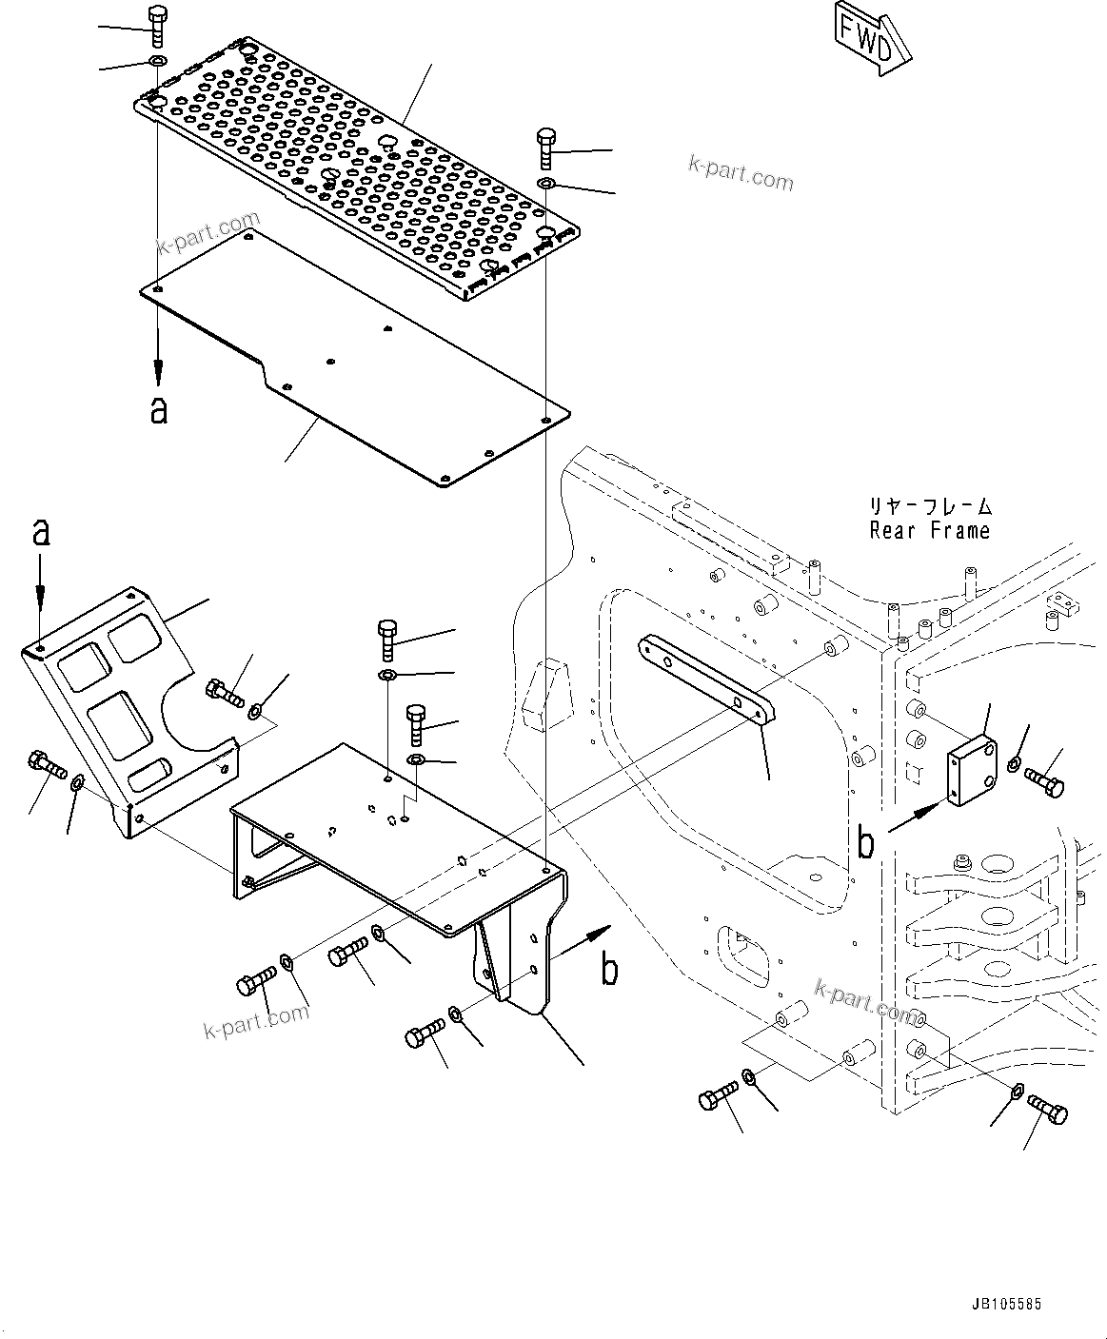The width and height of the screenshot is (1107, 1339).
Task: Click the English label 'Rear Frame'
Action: coord(929,531)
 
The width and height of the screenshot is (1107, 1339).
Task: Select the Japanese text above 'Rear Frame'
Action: coord(929,506)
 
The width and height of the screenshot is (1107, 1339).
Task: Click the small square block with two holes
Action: coord(972,768)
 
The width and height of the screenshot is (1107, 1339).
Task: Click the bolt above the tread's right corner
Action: coord(546,148)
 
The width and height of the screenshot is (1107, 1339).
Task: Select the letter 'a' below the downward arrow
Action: coord(158,409)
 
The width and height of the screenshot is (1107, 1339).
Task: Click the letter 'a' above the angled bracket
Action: coord(40,531)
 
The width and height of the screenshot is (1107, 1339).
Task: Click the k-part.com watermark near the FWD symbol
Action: coord(740,173)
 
